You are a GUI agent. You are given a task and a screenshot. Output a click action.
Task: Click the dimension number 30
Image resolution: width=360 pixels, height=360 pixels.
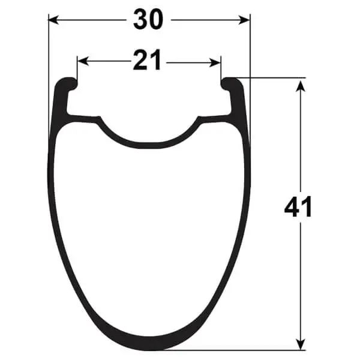point(148,20)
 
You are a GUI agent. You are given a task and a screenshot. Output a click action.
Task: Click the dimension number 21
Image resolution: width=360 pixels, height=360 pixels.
point(147,60)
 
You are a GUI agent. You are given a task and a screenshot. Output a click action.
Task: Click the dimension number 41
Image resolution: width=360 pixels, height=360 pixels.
point(298,206)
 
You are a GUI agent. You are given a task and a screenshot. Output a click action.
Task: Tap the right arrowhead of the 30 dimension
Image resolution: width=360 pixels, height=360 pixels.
point(244,20)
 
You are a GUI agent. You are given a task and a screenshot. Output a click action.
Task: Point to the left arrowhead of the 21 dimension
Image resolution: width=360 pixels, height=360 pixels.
point(83,62)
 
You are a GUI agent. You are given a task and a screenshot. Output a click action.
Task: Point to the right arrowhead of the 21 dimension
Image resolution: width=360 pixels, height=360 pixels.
point(215,62)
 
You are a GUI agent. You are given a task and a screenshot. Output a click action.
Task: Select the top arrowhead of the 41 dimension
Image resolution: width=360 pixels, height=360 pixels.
point(301,86)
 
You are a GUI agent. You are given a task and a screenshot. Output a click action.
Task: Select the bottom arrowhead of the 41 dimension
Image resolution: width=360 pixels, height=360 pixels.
point(301,344)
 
